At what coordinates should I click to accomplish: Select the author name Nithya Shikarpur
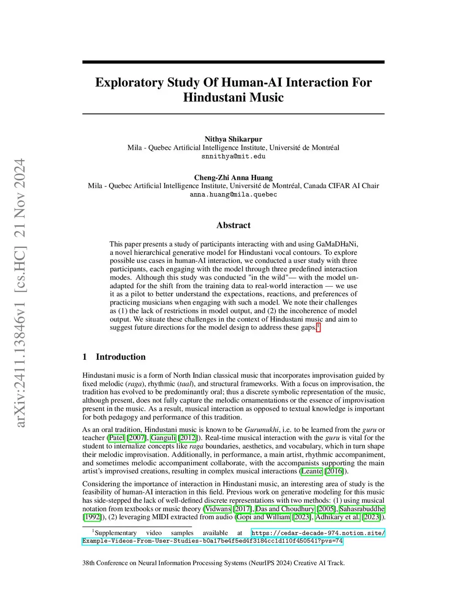click(233, 139)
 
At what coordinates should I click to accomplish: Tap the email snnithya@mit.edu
click(233, 156)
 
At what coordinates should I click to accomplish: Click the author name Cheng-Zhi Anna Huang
click(233, 178)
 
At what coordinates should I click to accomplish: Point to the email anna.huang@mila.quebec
click(233, 195)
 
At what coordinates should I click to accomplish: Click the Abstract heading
click(233, 225)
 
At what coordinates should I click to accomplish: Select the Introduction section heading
click(120, 357)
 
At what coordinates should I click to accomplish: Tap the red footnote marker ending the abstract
click(318, 326)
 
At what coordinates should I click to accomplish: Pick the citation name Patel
click(116, 438)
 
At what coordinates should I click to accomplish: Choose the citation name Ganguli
click(163, 438)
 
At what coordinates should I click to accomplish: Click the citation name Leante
click(311, 471)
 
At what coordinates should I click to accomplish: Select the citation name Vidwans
click(218, 509)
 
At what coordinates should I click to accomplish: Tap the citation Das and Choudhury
click(285, 509)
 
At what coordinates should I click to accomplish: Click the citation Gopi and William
click(263, 517)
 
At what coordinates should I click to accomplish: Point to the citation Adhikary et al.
click(337, 517)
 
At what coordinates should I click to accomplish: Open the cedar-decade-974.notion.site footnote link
click(318, 533)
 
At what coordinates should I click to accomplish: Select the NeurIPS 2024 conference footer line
click(213, 563)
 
